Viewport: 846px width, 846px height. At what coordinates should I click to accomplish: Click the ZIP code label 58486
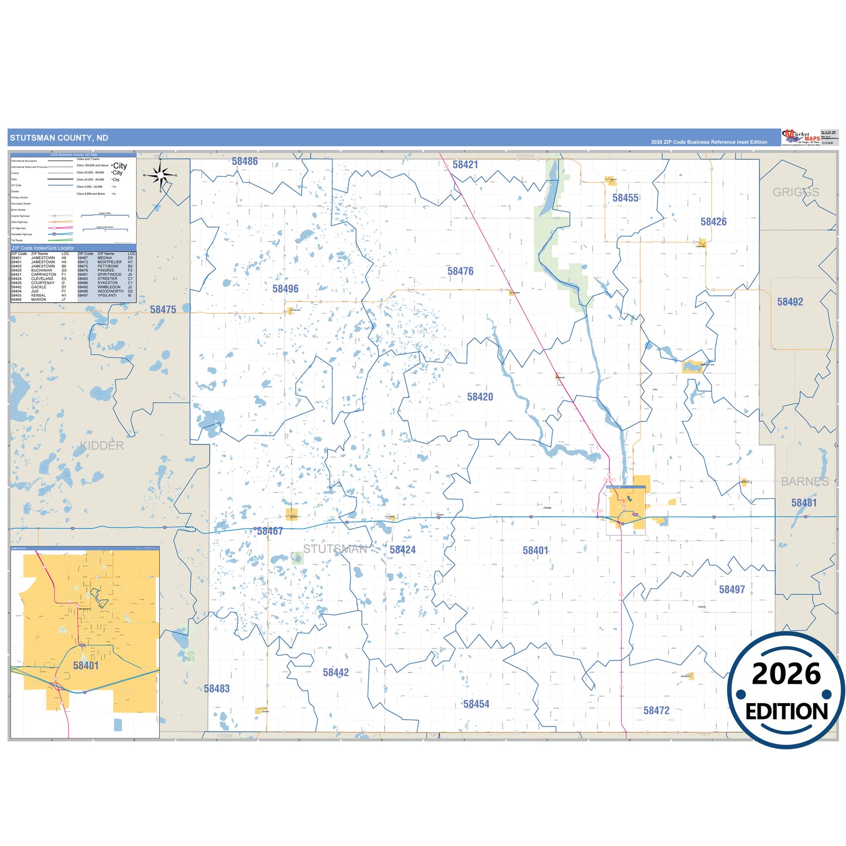pos(244,161)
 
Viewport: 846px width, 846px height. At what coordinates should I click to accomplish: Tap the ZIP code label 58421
pos(465,165)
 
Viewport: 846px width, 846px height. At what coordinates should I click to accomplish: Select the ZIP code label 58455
pos(625,198)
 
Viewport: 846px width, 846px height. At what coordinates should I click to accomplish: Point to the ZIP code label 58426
pos(713,221)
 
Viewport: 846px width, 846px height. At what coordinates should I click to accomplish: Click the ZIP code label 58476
pos(460,271)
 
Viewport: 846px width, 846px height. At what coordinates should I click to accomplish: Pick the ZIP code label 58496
pos(285,289)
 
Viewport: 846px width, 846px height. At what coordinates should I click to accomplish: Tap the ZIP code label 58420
pos(479,396)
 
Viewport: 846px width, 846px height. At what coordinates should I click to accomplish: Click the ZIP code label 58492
pos(790,302)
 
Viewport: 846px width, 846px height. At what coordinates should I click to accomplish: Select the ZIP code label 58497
pos(732,589)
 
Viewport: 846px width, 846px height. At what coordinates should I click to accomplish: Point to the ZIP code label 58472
pos(656,710)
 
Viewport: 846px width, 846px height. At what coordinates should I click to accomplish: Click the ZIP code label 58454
pos(476,704)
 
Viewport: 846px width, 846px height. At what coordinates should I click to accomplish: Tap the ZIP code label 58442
pos(335,672)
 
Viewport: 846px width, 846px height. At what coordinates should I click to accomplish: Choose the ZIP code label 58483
pos(217,689)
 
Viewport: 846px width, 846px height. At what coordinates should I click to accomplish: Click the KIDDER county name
pos(102,446)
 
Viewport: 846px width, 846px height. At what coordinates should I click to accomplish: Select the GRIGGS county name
pos(796,192)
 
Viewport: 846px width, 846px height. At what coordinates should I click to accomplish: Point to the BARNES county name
pos(804,481)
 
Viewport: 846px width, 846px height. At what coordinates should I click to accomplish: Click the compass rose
pos(160,175)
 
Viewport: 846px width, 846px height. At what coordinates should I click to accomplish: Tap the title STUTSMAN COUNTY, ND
pos(59,138)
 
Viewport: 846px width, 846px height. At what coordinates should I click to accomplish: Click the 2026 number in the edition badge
pos(786,674)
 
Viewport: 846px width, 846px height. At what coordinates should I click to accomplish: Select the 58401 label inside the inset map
pos(85,665)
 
